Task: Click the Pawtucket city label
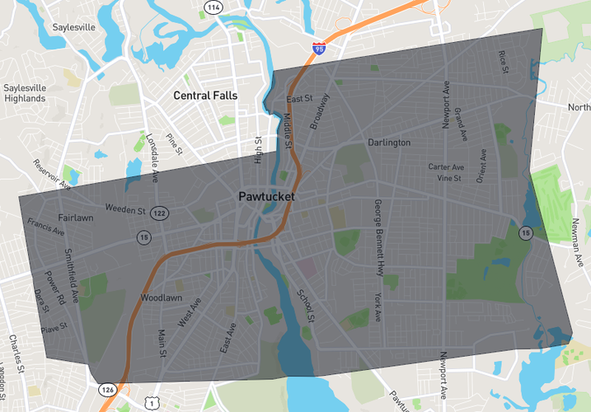tap(266, 197)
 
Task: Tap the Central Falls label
tap(205, 96)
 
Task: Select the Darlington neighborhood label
tap(389, 143)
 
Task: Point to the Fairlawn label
tap(75, 218)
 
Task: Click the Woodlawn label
tap(161, 297)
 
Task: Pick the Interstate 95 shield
tap(319, 49)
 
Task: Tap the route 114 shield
tap(213, 7)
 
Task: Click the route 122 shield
tap(159, 213)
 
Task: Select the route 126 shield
tap(108, 389)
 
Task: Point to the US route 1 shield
tap(151, 403)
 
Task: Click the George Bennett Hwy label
tap(378, 236)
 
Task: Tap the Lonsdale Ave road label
tap(152, 157)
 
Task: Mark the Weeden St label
tap(125, 210)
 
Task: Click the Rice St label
tap(502, 63)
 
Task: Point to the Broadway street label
tap(319, 110)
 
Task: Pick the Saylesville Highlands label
tap(24, 93)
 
